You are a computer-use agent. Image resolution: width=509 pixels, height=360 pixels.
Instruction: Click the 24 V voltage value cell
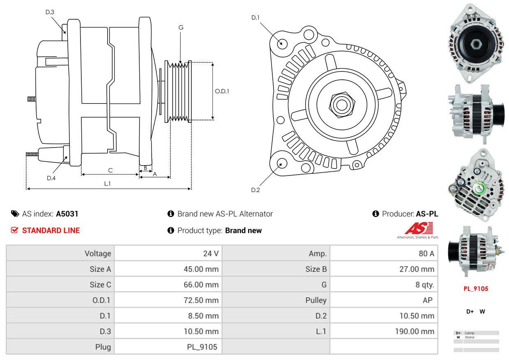pos(211,254)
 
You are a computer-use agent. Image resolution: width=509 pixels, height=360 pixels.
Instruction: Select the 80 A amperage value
pos(426,254)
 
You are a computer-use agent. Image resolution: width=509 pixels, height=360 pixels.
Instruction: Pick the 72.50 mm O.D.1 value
pos(201,300)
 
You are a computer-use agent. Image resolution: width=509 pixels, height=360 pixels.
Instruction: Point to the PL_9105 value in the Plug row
pos(202,347)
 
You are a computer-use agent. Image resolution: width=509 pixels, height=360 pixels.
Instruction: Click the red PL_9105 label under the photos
pos(476,288)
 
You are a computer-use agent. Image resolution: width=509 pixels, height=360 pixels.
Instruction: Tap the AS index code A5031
pos(67,214)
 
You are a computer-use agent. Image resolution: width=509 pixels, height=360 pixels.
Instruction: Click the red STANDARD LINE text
pos(51,231)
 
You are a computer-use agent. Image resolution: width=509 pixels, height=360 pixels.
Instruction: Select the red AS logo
pos(419,228)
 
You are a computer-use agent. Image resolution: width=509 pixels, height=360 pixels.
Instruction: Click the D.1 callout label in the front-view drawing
pos(256,17)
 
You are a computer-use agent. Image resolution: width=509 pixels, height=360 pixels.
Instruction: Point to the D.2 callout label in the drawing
pos(256,190)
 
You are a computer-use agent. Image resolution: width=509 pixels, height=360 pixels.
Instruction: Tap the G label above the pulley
pos(181,28)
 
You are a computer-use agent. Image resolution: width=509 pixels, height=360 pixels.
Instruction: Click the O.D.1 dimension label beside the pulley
pos(222,91)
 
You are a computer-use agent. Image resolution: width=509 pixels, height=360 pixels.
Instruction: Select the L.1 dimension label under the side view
pos(107,184)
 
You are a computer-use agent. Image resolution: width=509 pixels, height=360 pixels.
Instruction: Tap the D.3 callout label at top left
pos(50,12)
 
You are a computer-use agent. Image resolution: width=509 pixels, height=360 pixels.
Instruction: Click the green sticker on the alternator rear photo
pos(479,188)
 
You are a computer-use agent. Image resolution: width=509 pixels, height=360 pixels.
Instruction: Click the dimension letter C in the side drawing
pos(110,170)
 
